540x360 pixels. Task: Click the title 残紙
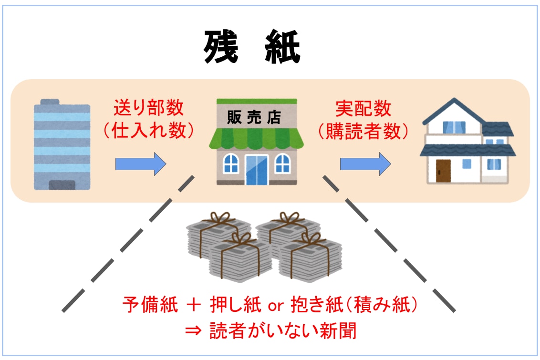point(251,48)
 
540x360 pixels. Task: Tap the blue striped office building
point(62,145)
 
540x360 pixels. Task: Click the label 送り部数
point(148,108)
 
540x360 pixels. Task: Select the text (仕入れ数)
point(148,130)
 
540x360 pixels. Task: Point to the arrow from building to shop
point(141,165)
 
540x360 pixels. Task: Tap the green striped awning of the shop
point(256,139)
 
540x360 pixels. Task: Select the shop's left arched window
point(231,164)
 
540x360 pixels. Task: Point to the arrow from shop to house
point(365,165)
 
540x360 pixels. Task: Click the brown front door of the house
point(443,171)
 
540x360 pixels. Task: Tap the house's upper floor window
point(454,127)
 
